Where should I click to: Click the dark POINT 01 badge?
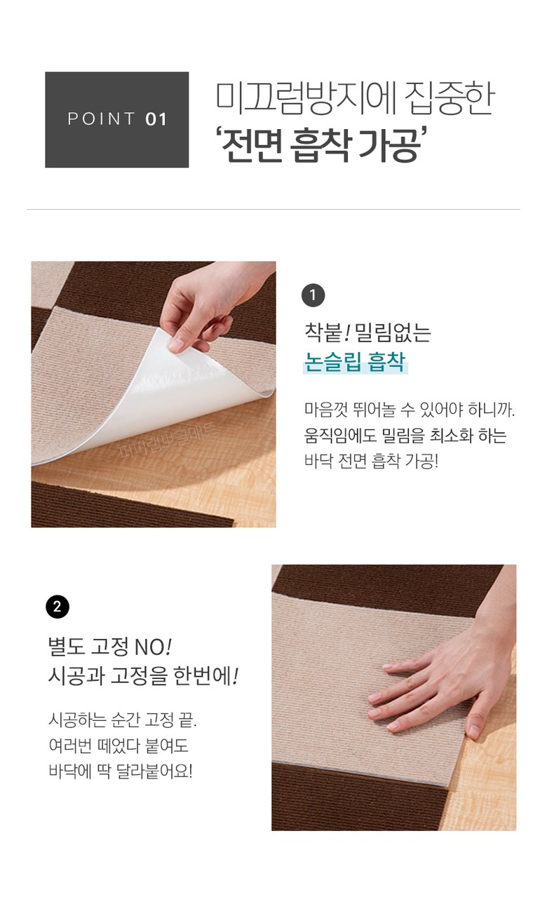point(116,119)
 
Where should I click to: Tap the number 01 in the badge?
point(156,119)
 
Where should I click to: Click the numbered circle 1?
point(313,295)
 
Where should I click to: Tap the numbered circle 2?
point(58,606)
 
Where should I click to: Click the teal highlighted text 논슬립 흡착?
point(354,361)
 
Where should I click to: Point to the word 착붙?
point(326,332)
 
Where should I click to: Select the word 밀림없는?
point(393,332)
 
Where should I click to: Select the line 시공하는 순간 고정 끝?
point(122,720)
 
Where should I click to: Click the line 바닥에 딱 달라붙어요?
point(121,771)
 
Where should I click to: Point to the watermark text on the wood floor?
point(168,440)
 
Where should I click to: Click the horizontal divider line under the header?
point(273,210)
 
